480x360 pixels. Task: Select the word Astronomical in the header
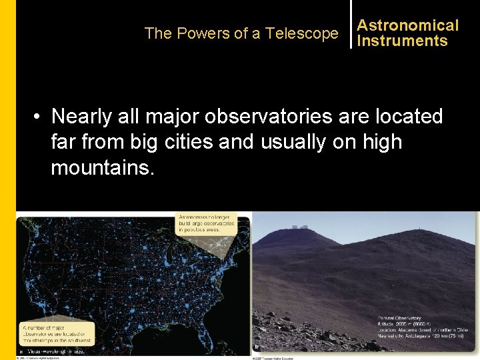coord(407,25)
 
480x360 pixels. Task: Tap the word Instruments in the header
coord(402,41)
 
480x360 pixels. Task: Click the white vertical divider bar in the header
coord(351,25)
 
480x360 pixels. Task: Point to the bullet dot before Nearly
coord(39,117)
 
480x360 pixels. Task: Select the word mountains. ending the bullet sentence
coord(102,167)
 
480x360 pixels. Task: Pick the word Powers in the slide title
coord(193,33)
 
